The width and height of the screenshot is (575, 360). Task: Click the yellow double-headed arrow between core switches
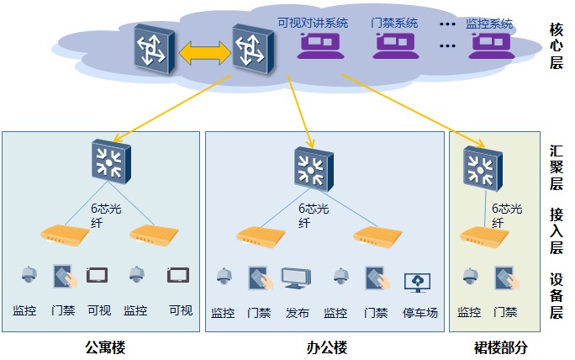(x=205, y=53)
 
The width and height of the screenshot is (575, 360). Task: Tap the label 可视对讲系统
(x=313, y=23)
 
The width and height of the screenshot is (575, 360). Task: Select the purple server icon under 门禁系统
(x=396, y=46)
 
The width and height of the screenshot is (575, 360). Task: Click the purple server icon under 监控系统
(x=492, y=46)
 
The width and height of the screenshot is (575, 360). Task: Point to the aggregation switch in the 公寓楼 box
(x=111, y=161)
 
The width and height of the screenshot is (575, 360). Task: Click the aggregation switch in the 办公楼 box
(x=314, y=169)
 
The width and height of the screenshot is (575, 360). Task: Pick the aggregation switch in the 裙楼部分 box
(x=483, y=168)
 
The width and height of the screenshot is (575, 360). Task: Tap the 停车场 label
(x=420, y=313)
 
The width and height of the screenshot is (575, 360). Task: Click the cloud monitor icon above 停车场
(x=417, y=283)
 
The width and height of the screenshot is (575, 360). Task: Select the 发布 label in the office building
(x=298, y=313)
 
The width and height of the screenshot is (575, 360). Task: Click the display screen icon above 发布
(x=296, y=278)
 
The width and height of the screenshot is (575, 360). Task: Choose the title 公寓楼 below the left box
(x=105, y=347)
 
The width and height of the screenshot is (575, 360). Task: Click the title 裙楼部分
(x=500, y=347)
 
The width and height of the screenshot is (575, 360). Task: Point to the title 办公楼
(x=327, y=347)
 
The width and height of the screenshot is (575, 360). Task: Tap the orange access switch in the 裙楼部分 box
(x=484, y=236)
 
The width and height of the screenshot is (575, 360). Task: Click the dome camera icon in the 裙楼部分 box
(x=470, y=277)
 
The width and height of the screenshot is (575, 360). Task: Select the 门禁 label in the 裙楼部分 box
(x=505, y=312)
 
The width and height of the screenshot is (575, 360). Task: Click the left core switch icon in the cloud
(x=155, y=49)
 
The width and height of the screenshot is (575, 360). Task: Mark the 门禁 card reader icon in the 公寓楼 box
(x=66, y=277)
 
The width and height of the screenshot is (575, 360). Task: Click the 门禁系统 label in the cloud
(x=394, y=23)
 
